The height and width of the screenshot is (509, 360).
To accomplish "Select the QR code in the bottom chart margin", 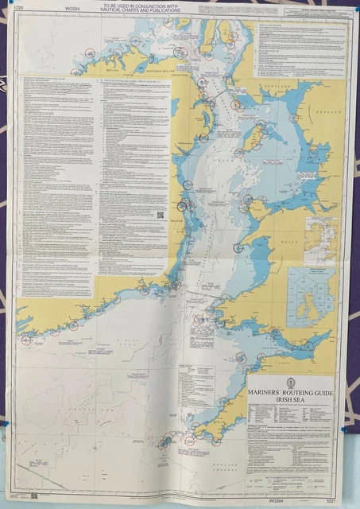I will tap(34, 495).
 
